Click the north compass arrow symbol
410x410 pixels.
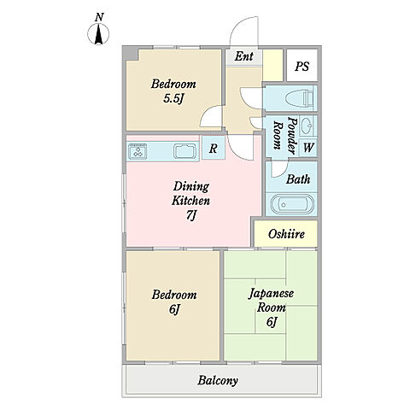98,34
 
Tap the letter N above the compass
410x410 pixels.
99,18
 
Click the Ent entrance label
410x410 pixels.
244,56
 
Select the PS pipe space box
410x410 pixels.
302,66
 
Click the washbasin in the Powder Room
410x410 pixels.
307,125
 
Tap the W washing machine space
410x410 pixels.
308,147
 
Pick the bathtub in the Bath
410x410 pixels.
292,204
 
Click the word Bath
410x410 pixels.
298,179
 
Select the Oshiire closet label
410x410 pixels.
286,234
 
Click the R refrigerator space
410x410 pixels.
214,148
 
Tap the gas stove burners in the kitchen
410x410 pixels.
138,151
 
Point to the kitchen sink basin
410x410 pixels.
185,151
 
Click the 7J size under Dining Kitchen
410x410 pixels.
191,215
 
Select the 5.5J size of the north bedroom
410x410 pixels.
173,99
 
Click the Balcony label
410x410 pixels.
218,381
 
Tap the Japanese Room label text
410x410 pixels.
271,301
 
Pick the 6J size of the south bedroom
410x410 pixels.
174,309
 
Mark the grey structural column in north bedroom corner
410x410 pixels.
131,54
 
